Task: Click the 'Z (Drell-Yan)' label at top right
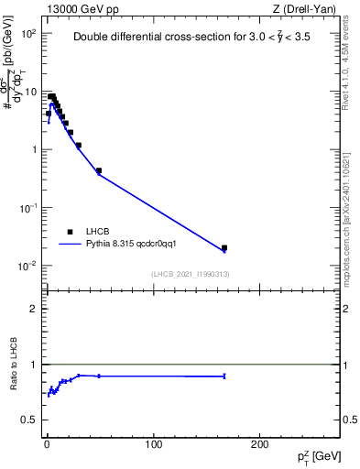pyautogui.click(x=307, y=8)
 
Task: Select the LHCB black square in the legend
pyautogui.click(x=70, y=232)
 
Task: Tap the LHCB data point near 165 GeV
pyautogui.click(x=224, y=247)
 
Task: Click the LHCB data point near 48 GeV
pyautogui.click(x=98, y=170)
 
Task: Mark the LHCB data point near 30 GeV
pyautogui.click(x=79, y=145)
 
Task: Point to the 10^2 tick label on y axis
pyautogui.click(x=28, y=33)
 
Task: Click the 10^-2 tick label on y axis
pyautogui.click(x=28, y=266)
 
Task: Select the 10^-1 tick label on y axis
pyautogui.click(x=28, y=208)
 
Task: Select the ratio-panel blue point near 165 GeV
pyautogui.click(x=224, y=376)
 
